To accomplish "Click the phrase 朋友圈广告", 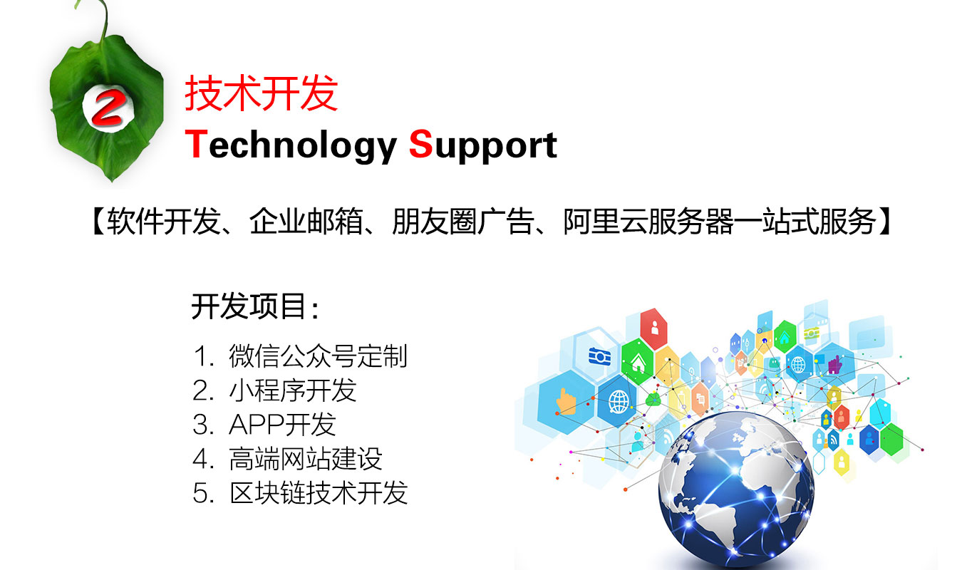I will point(462,222).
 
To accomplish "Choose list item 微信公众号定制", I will point(318,356).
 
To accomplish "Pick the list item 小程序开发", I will point(292,390).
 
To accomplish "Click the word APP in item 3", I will point(256,424).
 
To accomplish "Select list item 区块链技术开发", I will point(318,492).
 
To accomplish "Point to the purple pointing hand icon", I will point(835,365).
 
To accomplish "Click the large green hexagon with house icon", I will point(637,362).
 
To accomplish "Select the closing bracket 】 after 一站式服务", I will point(885,222).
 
